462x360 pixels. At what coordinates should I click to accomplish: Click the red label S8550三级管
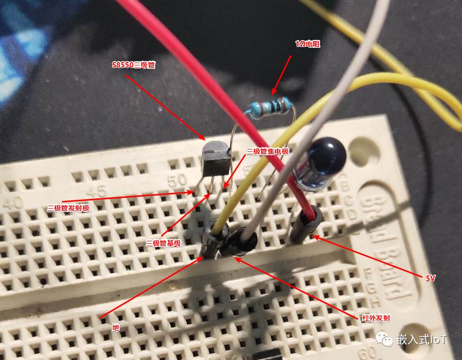coord(133,65)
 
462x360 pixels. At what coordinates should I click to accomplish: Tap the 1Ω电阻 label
coord(308,44)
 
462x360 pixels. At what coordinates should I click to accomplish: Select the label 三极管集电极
coord(268,151)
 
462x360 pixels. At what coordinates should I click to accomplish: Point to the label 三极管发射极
coord(68,208)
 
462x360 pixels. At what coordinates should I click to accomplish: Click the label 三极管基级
coord(163,243)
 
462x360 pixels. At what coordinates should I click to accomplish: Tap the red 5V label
coord(430,278)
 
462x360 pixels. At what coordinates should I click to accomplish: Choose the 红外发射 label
coord(376,318)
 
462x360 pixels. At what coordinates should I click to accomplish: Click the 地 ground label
coord(115,328)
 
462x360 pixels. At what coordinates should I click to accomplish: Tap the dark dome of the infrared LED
coord(327,155)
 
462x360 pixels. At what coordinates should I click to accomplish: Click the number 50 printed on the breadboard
coord(177,181)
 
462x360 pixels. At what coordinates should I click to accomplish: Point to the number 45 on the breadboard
coord(97,191)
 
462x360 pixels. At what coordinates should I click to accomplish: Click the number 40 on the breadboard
coord(12,203)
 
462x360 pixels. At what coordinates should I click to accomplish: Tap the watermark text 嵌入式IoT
coord(421,339)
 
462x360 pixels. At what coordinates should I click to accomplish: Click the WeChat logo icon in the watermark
coord(384,339)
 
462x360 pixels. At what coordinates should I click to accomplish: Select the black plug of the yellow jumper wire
coord(213,239)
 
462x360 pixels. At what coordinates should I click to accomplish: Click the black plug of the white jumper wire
coord(239,242)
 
